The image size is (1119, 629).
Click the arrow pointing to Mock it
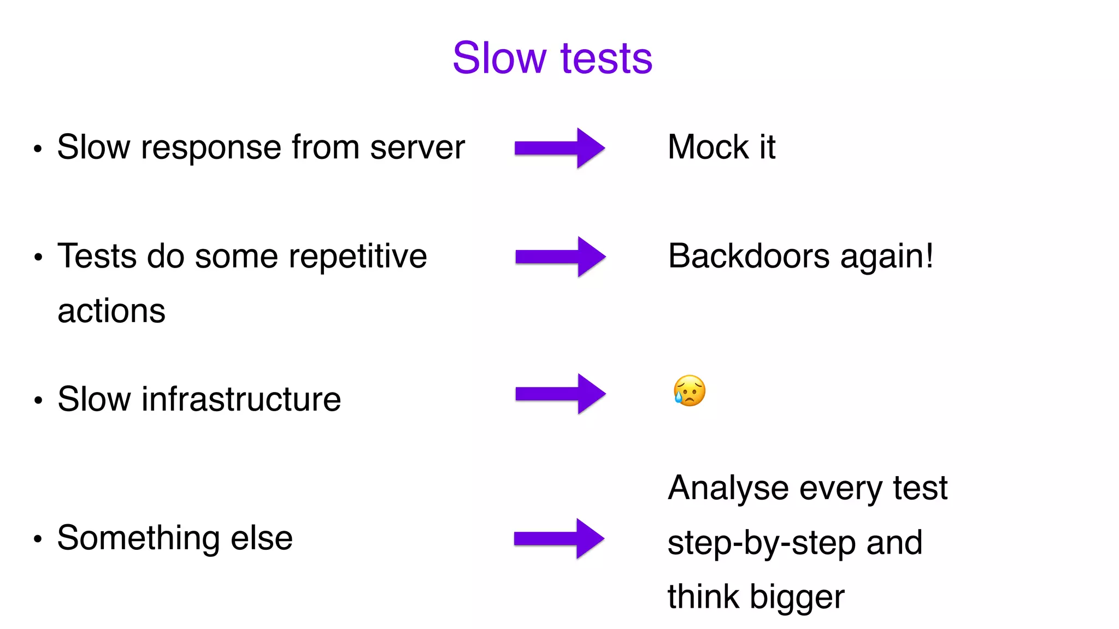(559, 148)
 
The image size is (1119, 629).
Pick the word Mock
(708, 147)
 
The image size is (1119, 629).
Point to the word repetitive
(357, 256)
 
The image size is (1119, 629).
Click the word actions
(111, 311)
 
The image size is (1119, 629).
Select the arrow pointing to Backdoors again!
(560, 257)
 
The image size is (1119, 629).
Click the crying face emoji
(690, 391)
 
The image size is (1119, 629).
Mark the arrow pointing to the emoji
(560, 394)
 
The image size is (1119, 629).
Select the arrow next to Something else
(559, 539)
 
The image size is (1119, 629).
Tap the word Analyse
(728, 488)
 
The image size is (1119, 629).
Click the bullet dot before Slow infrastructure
(38, 401)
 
